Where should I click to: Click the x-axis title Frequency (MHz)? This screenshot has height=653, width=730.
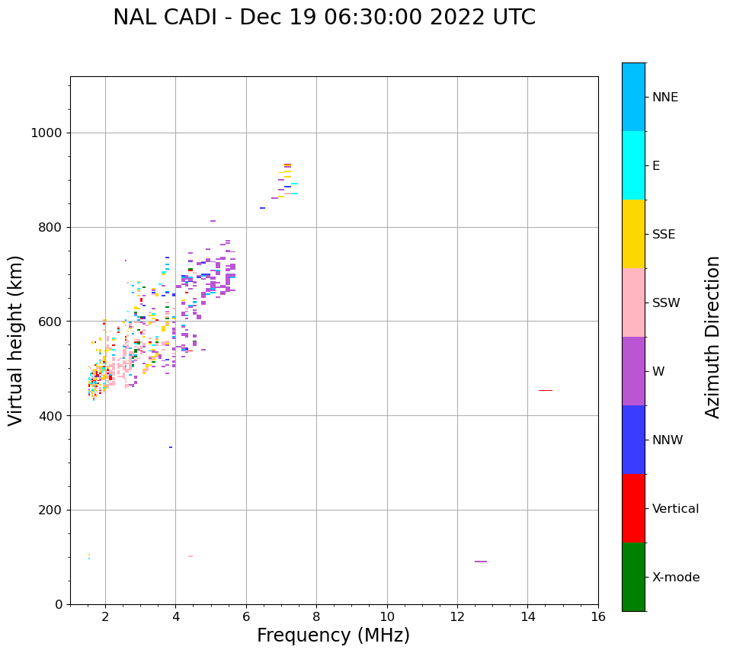click(333, 635)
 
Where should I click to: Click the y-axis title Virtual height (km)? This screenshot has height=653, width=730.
click(16, 341)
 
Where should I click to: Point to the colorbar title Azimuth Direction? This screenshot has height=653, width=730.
click(712, 337)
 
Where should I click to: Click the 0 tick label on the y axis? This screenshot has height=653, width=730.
click(59, 604)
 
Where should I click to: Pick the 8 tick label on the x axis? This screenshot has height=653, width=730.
click(316, 616)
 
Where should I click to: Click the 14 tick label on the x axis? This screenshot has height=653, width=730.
click(527, 616)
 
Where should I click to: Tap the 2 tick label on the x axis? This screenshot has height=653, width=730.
click(105, 616)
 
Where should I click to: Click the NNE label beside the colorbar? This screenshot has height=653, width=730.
click(664, 98)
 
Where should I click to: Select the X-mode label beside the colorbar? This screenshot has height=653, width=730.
click(675, 578)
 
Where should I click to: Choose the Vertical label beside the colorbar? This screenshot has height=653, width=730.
click(675, 509)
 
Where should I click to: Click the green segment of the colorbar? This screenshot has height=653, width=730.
click(633, 577)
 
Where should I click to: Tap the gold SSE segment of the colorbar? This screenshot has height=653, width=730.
click(633, 234)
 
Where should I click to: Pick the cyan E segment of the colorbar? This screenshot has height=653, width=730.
click(633, 165)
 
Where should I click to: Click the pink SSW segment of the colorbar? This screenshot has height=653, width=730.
click(633, 302)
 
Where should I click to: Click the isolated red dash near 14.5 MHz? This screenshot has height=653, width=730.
click(545, 390)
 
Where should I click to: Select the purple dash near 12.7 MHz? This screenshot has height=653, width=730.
click(480, 562)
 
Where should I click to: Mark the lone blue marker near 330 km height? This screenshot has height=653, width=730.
click(171, 447)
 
